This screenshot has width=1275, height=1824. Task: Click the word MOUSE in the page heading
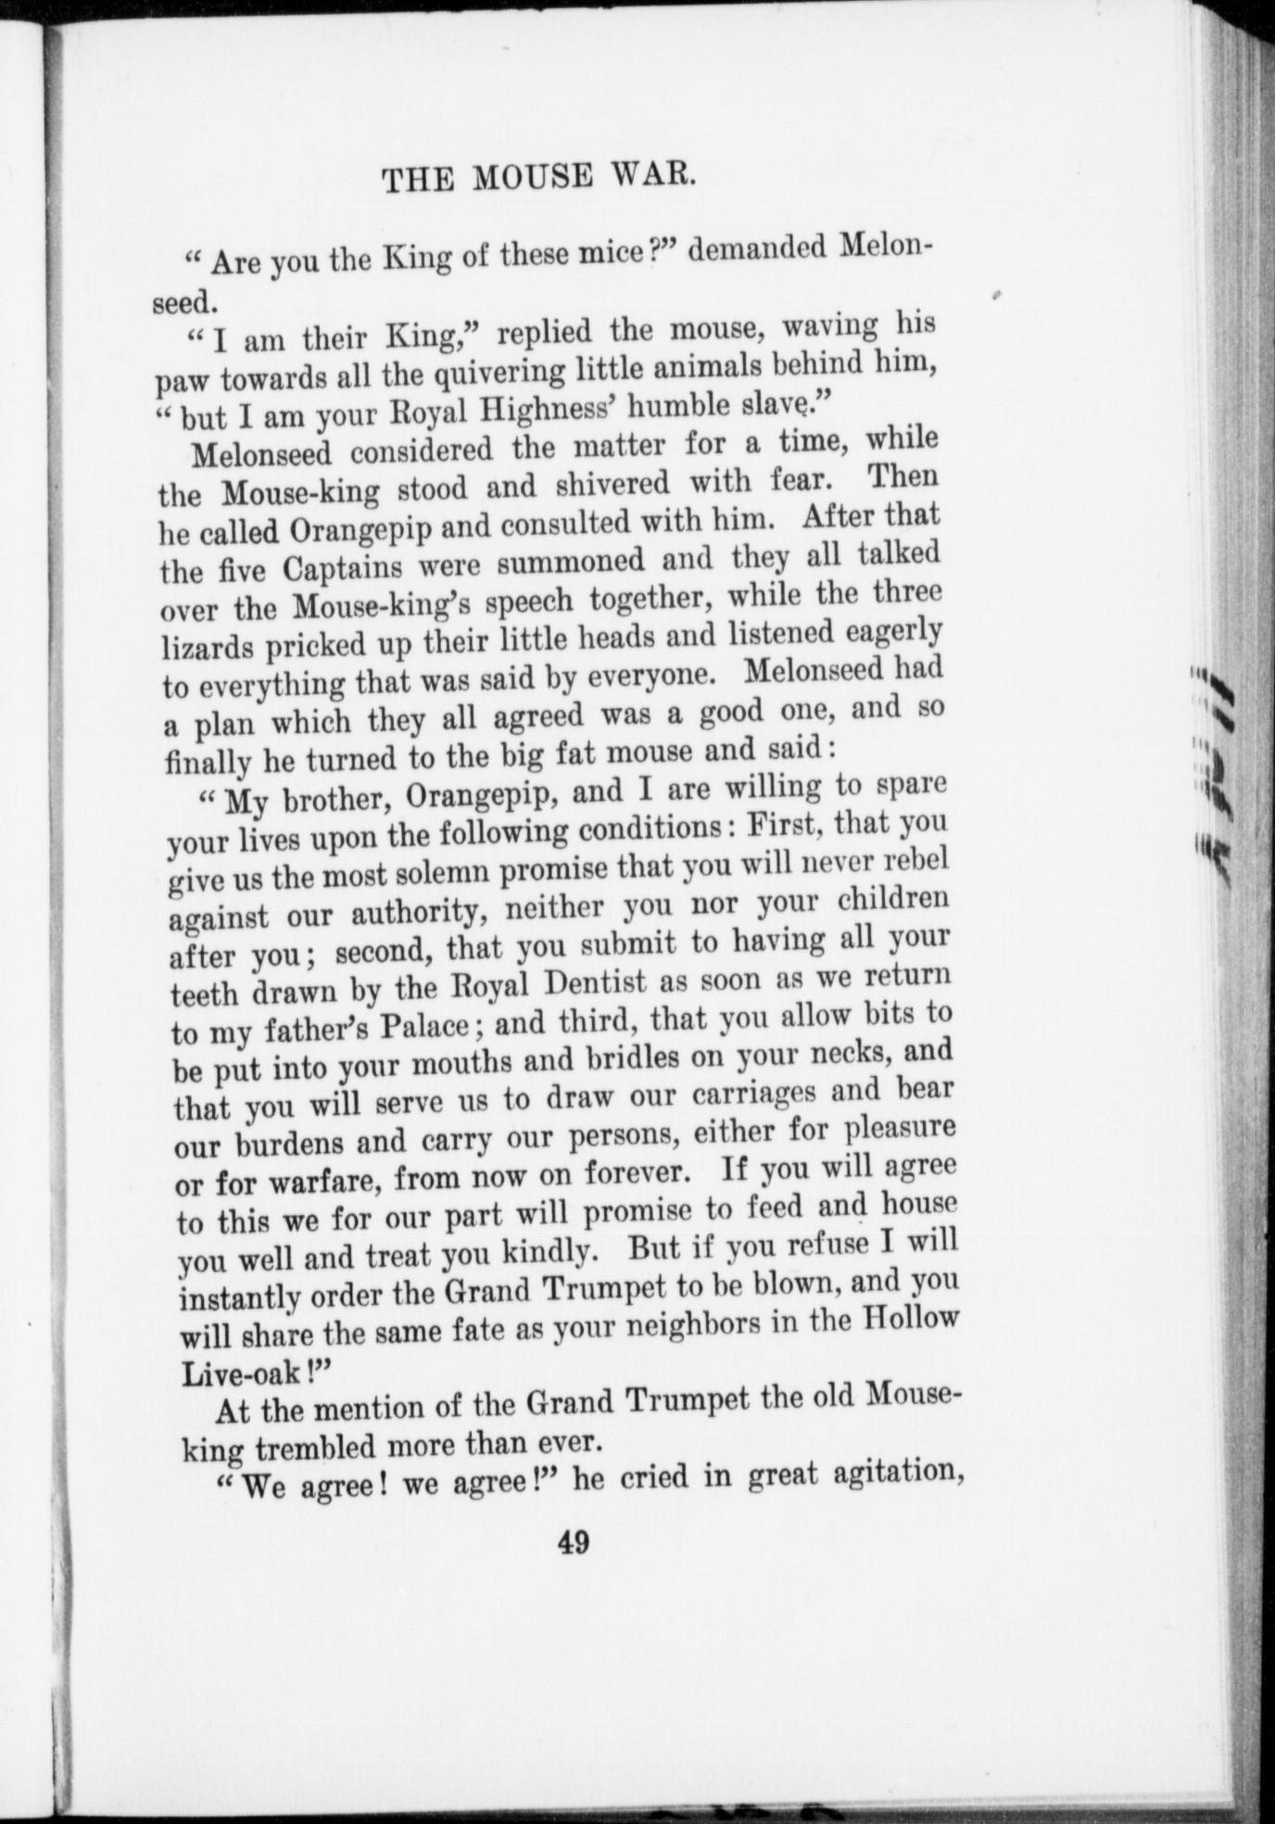[530, 177]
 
